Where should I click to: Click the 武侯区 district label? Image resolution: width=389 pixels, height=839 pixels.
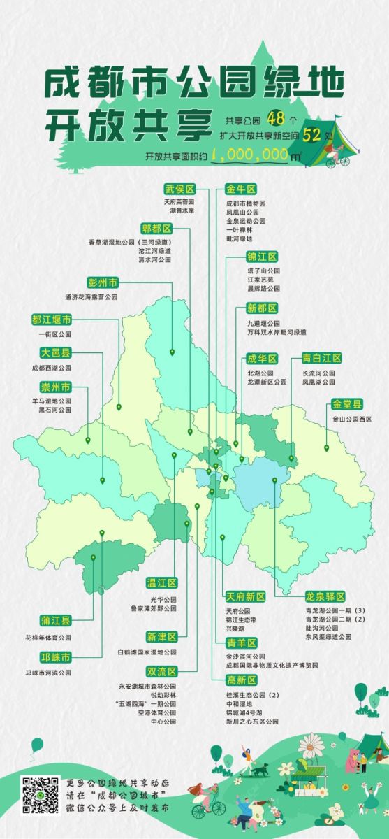pyautogui.click(x=179, y=189)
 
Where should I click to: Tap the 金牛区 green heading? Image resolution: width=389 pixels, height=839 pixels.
pyautogui.click(x=242, y=189)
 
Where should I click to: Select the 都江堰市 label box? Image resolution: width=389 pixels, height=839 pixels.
pyautogui.click(x=51, y=320)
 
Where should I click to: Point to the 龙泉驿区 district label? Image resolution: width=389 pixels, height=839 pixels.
pyautogui.click(x=325, y=596)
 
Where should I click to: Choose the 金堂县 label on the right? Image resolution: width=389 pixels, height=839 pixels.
pyautogui.click(x=347, y=404)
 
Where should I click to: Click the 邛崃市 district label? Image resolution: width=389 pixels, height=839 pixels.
pyautogui.click(x=56, y=658)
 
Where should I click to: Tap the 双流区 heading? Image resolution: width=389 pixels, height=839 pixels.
pyautogui.click(x=161, y=671)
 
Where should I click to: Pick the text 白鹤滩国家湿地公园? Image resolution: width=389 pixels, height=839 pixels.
pyautogui.click(x=147, y=652)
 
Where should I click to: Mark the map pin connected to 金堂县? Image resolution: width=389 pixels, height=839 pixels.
pyautogui.click(x=326, y=448)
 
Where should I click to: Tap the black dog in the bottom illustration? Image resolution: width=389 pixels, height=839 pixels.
pyautogui.click(x=260, y=750)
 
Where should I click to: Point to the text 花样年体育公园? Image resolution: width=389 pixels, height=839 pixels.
pyautogui.click(x=47, y=638)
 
